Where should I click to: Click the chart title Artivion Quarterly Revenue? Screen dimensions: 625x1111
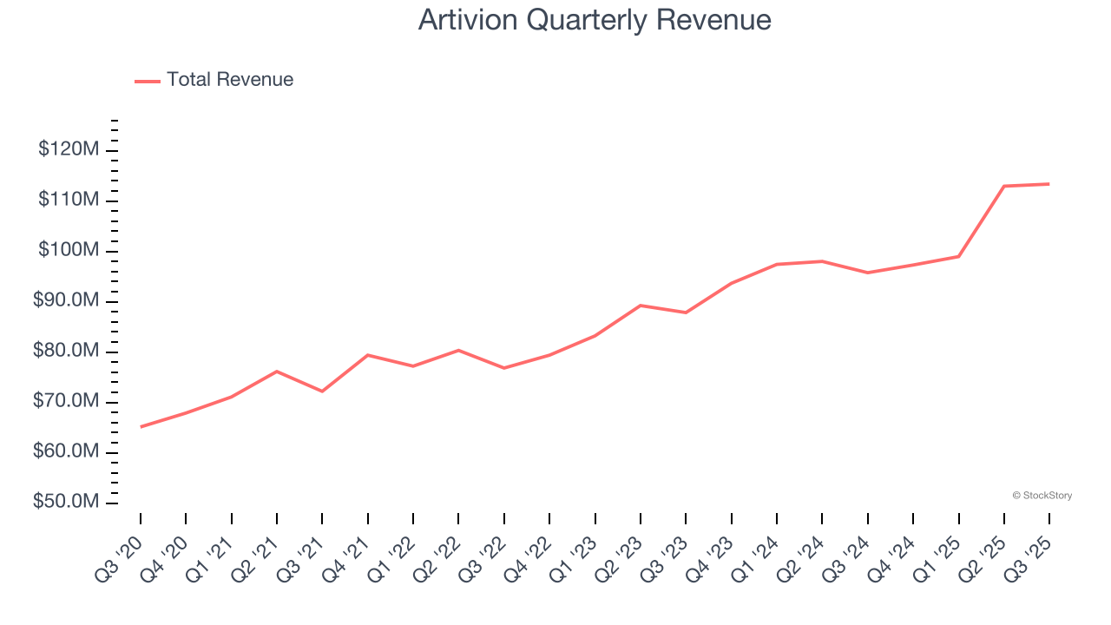pyautogui.click(x=595, y=20)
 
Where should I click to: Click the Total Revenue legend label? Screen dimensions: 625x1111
pyautogui.click(x=230, y=80)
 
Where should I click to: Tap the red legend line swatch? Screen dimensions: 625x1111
pyautogui.click(x=148, y=81)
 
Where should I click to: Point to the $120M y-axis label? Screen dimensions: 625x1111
pyautogui.click(x=69, y=150)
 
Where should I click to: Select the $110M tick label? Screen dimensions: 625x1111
pyautogui.click(x=69, y=201)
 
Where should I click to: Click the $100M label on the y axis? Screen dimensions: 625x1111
pyautogui.click(x=69, y=251)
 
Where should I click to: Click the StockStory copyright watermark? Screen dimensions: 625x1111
pyautogui.click(x=1042, y=496)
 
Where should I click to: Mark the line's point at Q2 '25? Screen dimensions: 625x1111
pyautogui.click(x=1004, y=186)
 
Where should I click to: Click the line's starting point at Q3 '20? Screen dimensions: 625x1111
pyautogui.click(x=141, y=426)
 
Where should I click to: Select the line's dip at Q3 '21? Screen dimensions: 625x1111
pyautogui.click(x=322, y=391)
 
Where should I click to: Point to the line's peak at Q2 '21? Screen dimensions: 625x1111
pyautogui.click(x=277, y=372)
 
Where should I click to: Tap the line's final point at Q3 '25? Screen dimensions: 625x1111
pyautogui.click(x=1049, y=184)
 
